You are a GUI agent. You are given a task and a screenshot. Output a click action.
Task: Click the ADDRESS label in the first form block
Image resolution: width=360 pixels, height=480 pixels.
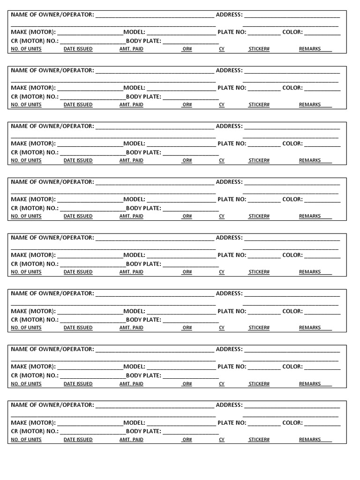pyautogui.click(x=229, y=15)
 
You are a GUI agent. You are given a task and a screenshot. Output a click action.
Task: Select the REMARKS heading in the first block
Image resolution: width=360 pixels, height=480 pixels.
pyautogui.click(x=310, y=49)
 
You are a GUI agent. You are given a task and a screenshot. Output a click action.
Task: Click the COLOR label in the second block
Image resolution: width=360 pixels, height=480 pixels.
pyautogui.click(x=292, y=88)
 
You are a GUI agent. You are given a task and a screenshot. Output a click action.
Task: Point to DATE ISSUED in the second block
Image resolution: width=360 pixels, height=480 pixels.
pyautogui.click(x=78, y=105)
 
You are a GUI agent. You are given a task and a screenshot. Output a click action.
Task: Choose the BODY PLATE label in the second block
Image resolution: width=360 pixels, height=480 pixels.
pyautogui.click(x=143, y=97)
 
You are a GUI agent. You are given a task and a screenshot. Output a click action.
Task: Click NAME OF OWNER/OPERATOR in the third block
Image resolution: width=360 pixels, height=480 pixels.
pyautogui.click(x=52, y=126)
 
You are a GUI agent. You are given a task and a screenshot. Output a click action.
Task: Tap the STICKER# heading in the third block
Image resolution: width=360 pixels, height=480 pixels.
pyautogui.click(x=259, y=160)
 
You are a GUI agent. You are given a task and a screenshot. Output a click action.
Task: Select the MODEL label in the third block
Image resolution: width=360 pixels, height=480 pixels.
pyautogui.click(x=135, y=143)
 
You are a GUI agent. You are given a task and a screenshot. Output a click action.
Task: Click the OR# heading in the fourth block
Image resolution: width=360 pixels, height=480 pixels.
pyautogui.click(x=187, y=216)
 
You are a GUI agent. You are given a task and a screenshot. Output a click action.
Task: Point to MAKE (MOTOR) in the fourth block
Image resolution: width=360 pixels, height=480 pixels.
pyautogui.click(x=33, y=199)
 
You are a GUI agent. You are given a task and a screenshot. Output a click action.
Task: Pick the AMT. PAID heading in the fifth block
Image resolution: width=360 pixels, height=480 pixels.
pyautogui.click(x=131, y=272)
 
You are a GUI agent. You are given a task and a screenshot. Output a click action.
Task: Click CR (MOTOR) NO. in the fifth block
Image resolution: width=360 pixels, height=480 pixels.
pyautogui.click(x=35, y=264)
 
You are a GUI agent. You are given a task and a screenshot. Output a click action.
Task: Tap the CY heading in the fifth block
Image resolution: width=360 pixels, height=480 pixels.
pyautogui.click(x=222, y=272)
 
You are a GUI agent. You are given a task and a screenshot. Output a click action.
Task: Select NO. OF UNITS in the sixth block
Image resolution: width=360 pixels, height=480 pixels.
pyautogui.click(x=26, y=328)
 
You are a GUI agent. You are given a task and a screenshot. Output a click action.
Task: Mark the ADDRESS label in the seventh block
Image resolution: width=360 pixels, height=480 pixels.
pyautogui.click(x=229, y=349)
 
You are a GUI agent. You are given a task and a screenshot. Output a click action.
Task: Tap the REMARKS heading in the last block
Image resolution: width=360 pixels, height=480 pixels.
pyautogui.click(x=310, y=439)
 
